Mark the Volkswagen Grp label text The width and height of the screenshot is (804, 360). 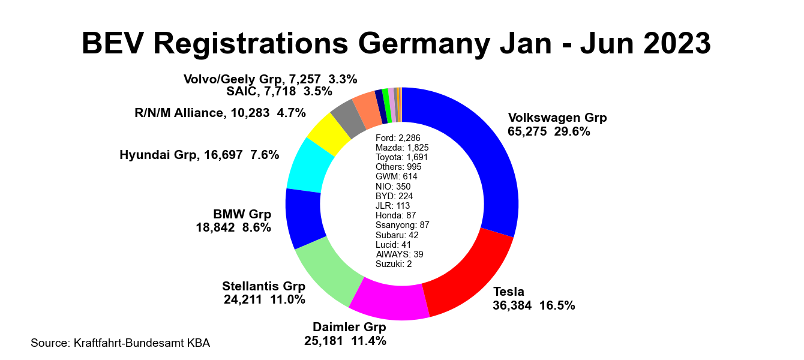(x=557, y=118)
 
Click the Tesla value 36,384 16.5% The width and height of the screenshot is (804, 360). (x=534, y=305)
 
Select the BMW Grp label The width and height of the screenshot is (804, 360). (x=242, y=214)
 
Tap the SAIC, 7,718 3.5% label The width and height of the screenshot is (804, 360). (x=279, y=92)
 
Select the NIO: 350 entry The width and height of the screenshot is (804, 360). (x=393, y=187)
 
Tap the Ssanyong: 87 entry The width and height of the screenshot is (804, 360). (x=402, y=225)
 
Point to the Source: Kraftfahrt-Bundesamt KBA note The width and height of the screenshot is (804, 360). (x=120, y=343)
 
